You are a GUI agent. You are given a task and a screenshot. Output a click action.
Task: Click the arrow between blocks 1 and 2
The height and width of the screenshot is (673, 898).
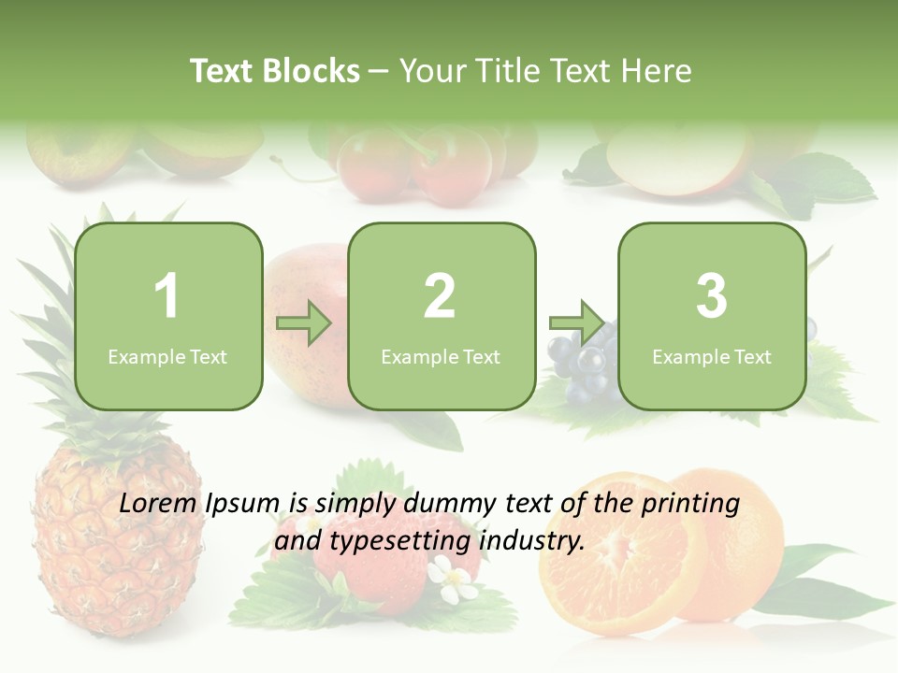tap(304, 323)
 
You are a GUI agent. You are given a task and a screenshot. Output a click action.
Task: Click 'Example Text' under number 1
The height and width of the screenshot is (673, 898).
tap(167, 356)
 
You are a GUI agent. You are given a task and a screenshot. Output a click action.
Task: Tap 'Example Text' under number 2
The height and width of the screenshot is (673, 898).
tap(441, 356)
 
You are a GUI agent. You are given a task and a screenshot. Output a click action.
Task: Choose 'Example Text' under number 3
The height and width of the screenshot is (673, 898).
tap(712, 356)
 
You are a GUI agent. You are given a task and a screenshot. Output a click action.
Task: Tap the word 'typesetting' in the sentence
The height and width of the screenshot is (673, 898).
tap(391, 540)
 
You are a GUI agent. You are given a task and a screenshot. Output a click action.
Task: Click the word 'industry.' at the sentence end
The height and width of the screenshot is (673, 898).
tap(531, 540)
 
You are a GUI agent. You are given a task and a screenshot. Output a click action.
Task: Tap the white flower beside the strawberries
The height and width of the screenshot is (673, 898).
tap(456, 580)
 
